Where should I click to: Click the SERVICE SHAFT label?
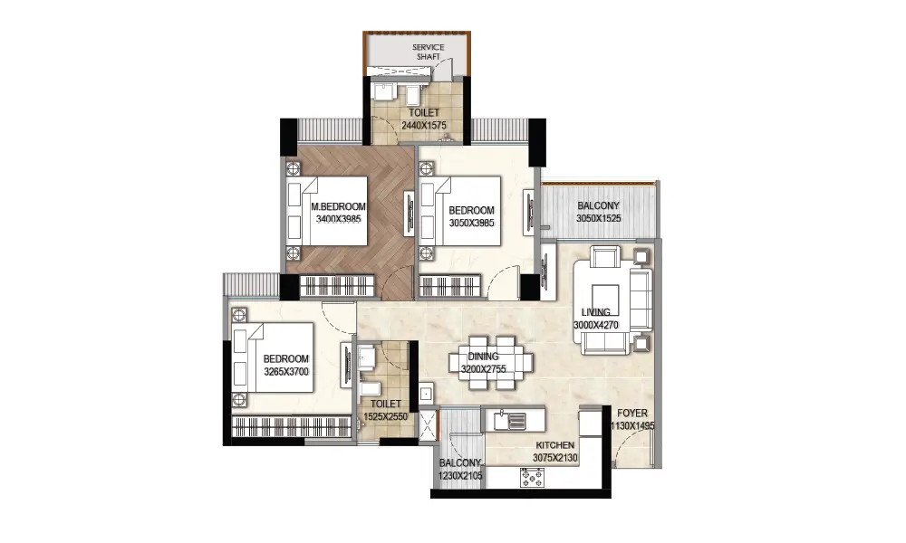point(429,52)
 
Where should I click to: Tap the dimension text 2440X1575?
point(424,125)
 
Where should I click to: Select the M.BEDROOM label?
point(339,206)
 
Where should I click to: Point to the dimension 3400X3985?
point(339,219)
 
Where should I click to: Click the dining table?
point(491,362)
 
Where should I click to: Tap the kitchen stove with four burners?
point(532,477)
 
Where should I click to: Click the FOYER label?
point(632,414)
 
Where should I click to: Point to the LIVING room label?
point(596,312)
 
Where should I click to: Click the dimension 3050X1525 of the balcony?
point(599,218)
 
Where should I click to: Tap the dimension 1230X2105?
point(460,476)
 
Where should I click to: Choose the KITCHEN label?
point(555,445)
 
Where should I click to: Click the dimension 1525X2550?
point(385,416)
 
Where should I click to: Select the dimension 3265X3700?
point(286,372)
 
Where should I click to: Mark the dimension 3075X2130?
point(555,458)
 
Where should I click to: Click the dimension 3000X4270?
point(596,325)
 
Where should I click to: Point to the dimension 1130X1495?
point(632,426)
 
